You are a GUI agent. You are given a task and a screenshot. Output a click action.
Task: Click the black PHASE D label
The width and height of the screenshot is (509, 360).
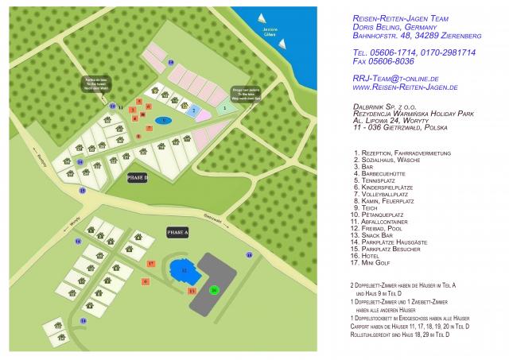tap(138, 178)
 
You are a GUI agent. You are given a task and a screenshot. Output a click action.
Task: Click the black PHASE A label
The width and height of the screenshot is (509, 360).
tap(177, 232)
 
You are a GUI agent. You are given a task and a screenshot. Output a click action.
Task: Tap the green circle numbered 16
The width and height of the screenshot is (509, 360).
tap(213, 290)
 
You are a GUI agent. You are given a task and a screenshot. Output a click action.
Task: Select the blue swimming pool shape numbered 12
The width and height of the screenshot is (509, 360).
tap(184, 271)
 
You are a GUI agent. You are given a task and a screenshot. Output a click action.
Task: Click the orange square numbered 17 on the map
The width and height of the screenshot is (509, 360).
tap(150, 262)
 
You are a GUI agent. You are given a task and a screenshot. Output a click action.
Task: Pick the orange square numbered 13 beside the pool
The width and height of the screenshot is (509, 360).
tap(192, 291)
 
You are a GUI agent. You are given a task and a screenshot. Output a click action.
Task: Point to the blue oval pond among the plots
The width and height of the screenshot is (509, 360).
tap(163, 120)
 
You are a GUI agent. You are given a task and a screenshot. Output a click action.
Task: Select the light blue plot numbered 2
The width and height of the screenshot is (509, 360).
tap(193, 110)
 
